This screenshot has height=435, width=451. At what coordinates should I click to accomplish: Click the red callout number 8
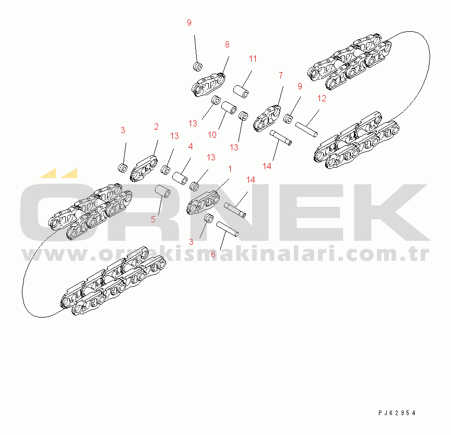point(227,44)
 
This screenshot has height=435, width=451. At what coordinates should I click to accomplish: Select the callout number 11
point(253,58)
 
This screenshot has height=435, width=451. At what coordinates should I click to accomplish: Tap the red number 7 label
point(281,75)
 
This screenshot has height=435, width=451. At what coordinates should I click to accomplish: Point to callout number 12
point(322,98)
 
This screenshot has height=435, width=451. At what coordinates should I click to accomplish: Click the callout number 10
point(212,135)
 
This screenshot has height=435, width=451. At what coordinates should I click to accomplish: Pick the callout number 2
point(156,126)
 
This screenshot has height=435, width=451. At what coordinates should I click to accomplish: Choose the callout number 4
point(191,146)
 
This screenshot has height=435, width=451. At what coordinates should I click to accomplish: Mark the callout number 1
point(230,169)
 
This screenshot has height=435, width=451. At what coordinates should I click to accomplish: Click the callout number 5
point(153,219)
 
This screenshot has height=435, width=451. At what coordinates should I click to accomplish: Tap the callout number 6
point(213,255)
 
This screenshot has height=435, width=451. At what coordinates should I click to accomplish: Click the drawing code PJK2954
point(397,413)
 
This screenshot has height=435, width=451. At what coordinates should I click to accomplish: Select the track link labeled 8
point(208,85)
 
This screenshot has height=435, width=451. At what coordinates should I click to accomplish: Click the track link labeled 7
point(267,118)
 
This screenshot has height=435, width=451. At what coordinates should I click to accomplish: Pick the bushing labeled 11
point(241,91)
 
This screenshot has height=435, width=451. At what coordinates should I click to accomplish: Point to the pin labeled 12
point(306,130)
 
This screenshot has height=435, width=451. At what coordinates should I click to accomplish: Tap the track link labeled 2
point(144,169)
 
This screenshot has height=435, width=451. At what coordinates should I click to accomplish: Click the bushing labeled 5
point(162,192)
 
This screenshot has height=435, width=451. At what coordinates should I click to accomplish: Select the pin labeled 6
point(227,229)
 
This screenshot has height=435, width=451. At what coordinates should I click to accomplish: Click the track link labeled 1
point(203,203)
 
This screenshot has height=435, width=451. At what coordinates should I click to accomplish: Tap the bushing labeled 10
point(229,107)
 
